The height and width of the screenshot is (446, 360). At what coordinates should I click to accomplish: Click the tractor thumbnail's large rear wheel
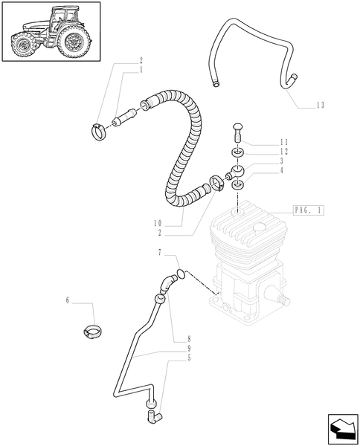[x=74, y=42]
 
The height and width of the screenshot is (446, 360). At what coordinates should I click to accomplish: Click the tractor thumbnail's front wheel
[x=23, y=45]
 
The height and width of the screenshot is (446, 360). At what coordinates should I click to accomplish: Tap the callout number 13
[x=320, y=106]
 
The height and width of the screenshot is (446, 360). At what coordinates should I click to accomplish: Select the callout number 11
[x=283, y=142]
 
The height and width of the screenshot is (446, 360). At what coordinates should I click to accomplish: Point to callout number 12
[x=283, y=152]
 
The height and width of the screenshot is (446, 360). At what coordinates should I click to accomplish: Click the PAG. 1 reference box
[x=308, y=210]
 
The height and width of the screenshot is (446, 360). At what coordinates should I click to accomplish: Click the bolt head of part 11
[x=237, y=127]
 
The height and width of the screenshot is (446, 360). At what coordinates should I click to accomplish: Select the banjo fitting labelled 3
[x=235, y=173]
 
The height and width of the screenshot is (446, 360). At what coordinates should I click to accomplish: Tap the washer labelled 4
[x=238, y=185]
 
